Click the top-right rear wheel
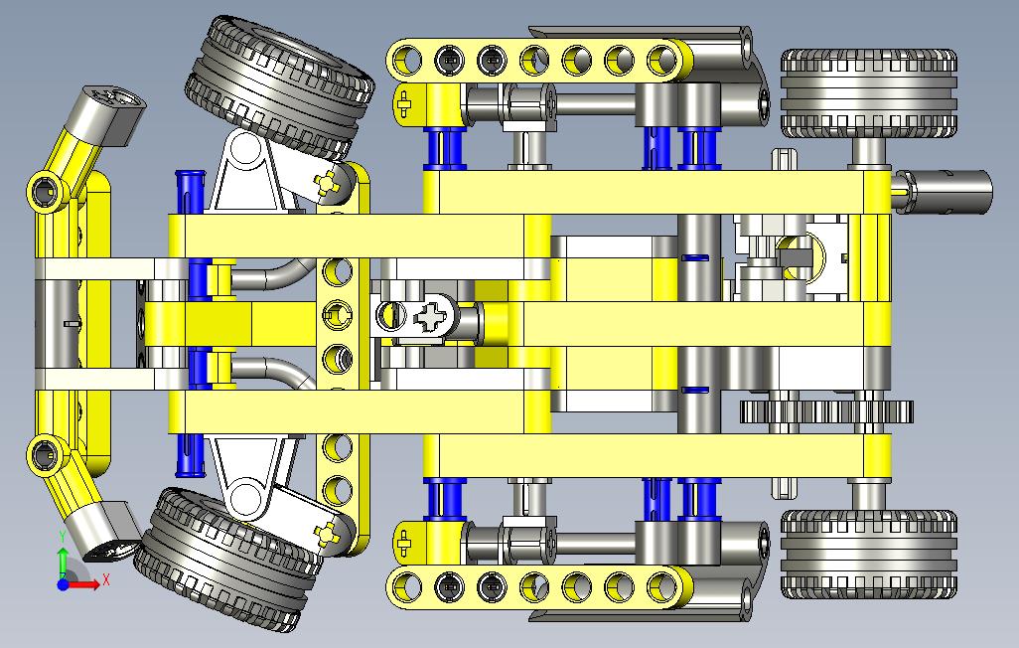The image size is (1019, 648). (x=868, y=93)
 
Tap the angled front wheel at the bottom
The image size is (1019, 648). (x=228, y=560)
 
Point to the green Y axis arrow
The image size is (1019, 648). (x=63, y=562)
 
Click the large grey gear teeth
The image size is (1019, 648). (x=826, y=411)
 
